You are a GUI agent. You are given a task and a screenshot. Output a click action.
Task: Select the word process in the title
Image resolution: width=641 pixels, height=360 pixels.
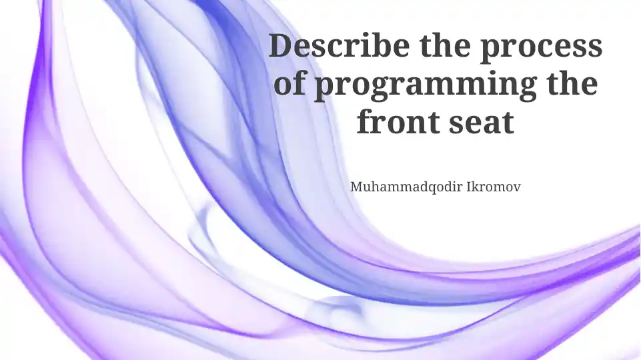pos(541,49)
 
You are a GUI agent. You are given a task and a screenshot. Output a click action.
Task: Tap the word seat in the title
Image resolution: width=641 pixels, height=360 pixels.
pos(482,123)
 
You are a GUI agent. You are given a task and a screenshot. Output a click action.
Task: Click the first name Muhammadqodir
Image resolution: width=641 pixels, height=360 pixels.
pos(406,187)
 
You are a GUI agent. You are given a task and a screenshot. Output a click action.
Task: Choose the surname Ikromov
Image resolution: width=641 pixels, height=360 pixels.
pos(494,187)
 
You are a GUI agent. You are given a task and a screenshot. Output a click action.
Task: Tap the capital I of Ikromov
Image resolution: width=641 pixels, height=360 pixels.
pos(470,187)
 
